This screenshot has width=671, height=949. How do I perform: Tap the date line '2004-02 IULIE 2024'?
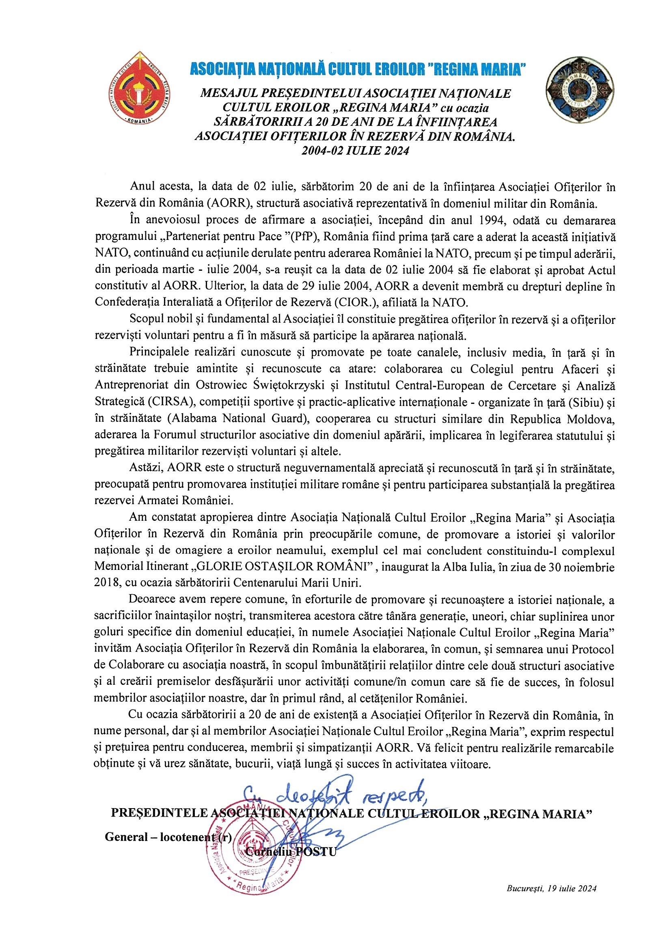pyautogui.click(x=355, y=151)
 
